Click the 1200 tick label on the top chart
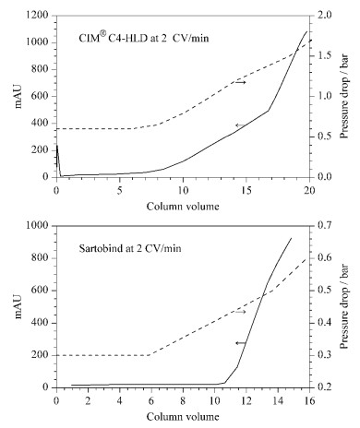tap(37, 16)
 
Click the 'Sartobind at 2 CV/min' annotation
tap(130, 248)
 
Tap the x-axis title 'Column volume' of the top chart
tap(183, 206)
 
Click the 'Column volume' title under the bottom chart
tap(183, 417)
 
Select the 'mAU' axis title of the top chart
tap(18, 96)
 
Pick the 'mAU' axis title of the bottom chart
tap(18, 306)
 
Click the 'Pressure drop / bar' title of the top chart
tap(345, 96)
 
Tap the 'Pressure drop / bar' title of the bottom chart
tap(345, 306)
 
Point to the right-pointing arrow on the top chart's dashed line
tap(241, 82)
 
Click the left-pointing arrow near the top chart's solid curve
tap(241, 125)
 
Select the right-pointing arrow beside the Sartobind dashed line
tap(241, 312)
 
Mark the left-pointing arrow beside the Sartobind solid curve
tap(241, 343)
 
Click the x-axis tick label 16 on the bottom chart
tap(309, 401)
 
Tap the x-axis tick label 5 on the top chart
tap(120, 191)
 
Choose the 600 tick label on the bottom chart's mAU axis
tap(41, 291)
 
